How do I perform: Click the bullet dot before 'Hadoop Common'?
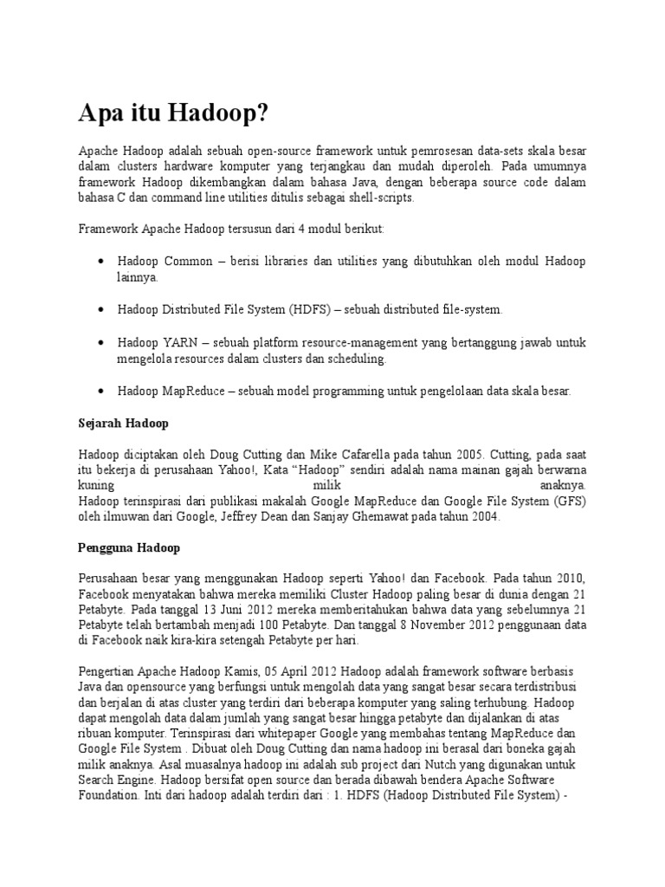coord(102,262)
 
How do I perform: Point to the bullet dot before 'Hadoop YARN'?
coord(102,343)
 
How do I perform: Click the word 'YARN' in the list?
coord(178,343)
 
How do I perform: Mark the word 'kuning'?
coord(96,484)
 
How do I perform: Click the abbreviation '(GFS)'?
coord(569,501)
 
